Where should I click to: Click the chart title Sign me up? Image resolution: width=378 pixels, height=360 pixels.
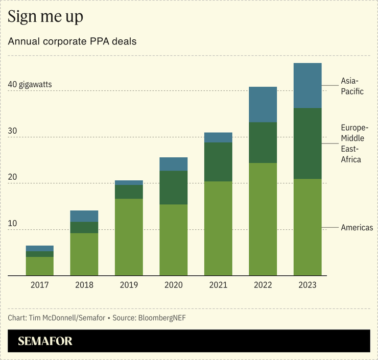[45, 17]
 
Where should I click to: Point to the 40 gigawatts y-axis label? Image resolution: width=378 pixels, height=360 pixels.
[30, 84]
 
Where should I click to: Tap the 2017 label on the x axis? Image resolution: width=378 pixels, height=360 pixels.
[40, 285]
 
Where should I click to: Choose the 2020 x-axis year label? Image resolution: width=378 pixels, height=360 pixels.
[174, 285]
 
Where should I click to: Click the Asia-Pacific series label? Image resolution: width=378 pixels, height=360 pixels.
[352, 86]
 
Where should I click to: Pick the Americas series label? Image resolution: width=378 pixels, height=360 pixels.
[357, 228]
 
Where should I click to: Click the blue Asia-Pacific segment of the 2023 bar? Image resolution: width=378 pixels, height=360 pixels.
[308, 86]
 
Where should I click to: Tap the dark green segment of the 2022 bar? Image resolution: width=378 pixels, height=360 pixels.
[263, 142]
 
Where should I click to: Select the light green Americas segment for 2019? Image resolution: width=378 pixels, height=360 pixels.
[129, 237]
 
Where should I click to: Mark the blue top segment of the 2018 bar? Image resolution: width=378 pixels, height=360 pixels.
[84, 216]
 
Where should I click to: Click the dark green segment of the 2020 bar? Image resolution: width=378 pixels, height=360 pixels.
[174, 187]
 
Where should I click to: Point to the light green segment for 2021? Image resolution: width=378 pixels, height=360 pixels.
[218, 228]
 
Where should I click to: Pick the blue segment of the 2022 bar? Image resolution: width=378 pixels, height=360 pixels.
[263, 105]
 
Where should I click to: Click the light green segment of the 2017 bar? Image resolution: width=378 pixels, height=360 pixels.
[40, 266]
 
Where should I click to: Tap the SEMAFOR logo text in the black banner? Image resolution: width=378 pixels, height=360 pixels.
[45, 341]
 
